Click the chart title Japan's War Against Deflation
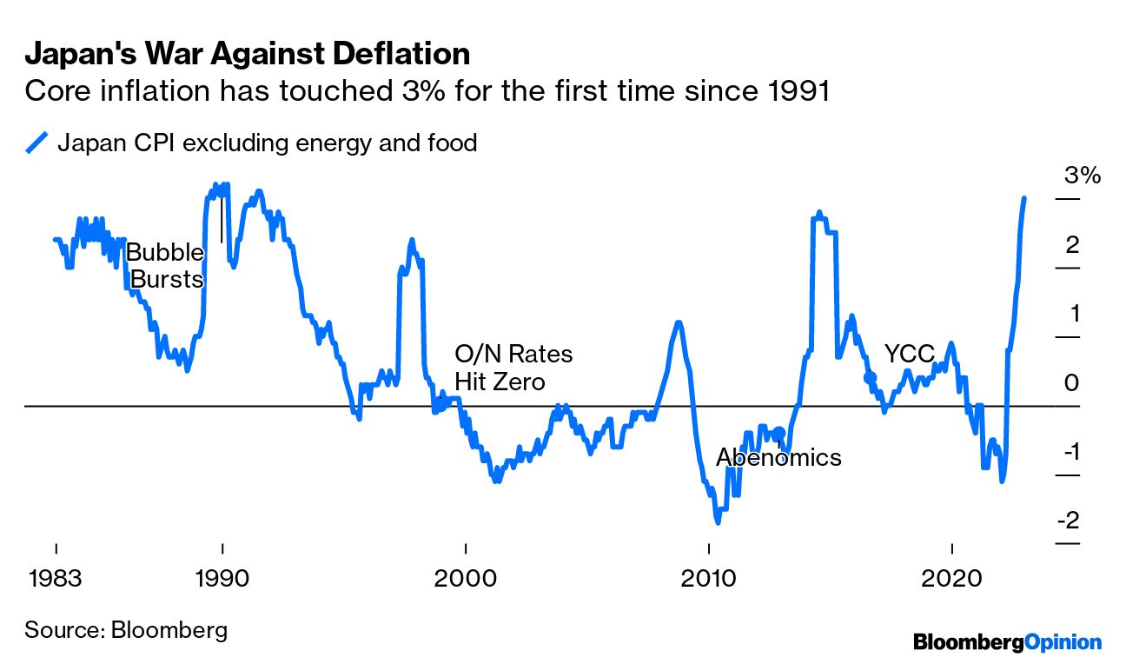click(247, 55)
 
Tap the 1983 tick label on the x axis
click(56, 577)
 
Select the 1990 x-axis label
click(223, 577)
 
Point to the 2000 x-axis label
click(467, 577)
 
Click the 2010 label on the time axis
click(709, 577)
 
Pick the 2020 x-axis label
click(952, 577)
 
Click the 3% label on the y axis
click(1082, 176)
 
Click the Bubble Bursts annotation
click(166, 267)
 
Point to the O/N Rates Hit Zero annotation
click(513, 368)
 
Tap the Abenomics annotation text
click(778, 457)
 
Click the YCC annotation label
click(909, 354)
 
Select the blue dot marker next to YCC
click(871, 377)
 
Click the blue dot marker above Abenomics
click(779, 432)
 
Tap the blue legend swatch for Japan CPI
click(37, 143)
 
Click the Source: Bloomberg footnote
click(126, 630)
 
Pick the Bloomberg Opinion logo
click(1007, 642)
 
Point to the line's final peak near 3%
click(1024, 199)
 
